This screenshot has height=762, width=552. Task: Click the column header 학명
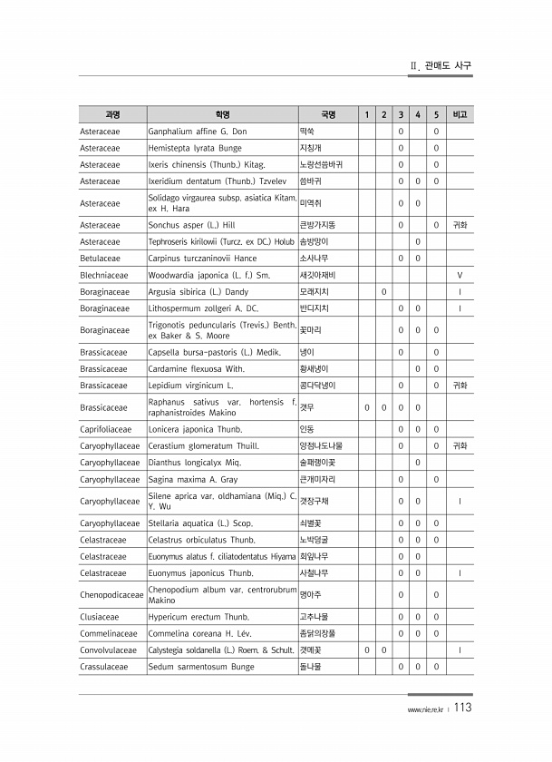coord(222,115)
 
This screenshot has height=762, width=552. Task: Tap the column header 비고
coord(460,115)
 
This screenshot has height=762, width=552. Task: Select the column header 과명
coord(112,115)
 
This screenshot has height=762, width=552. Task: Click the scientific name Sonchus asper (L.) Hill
coord(191,224)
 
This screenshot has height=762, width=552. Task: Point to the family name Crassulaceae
coord(103,667)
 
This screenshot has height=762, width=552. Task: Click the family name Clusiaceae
coord(99,617)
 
